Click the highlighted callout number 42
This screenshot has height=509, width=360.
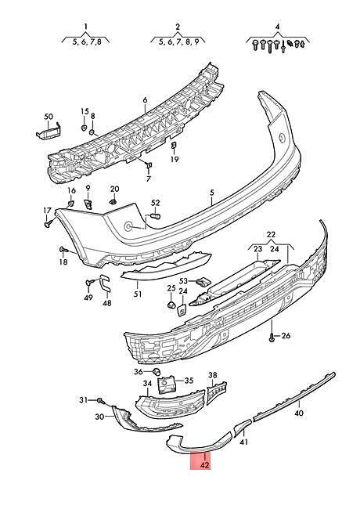point(204,465)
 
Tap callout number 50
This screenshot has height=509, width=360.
point(49,116)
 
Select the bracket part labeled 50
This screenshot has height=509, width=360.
point(49,131)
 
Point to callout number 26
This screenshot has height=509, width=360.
point(286,335)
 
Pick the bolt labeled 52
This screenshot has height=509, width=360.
point(157,216)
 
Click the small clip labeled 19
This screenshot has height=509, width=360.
point(174,146)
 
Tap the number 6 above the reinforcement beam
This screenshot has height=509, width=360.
point(145,100)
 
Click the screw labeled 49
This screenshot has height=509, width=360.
point(89,282)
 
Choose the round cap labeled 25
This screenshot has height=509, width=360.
point(171,305)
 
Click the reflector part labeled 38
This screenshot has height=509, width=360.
point(217,392)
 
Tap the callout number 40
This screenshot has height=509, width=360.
point(299,413)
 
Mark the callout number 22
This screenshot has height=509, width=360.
point(271,234)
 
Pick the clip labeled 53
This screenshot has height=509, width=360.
point(203,281)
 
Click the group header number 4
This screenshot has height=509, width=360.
point(277,27)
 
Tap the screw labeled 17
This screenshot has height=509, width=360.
point(49,223)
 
